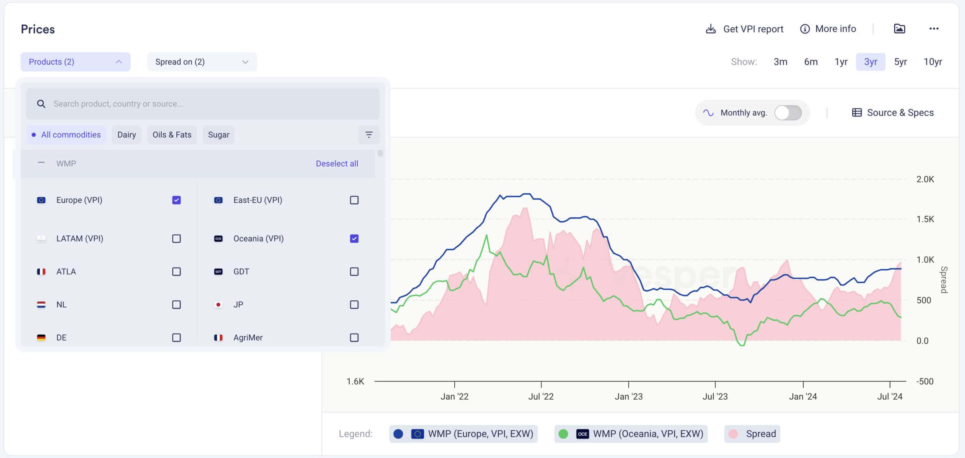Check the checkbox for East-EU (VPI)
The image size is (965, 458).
click(x=354, y=200)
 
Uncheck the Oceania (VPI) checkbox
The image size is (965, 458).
click(x=354, y=239)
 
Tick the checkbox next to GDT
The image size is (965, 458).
click(x=354, y=271)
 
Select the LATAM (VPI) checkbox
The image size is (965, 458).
click(x=176, y=239)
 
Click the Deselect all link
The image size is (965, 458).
click(x=337, y=163)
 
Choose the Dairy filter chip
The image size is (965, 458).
click(x=126, y=135)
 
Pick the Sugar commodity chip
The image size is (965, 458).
click(x=218, y=135)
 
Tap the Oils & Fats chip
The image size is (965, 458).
click(x=172, y=135)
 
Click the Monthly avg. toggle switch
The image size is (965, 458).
click(x=788, y=113)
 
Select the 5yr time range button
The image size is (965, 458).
click(x=900, y=62)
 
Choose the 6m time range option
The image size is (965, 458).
click(x=811, y=62)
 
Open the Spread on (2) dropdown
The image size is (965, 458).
click(x=202, y=62)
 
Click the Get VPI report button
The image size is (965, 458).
click(x=744, y=29)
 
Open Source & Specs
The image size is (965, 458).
click(x=893, y=113)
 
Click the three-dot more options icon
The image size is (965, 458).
click(x=934, y=29)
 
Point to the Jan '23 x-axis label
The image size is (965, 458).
click(x=628, y=397)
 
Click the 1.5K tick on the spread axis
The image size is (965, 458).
click(x=925, y=219)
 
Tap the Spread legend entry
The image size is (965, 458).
click(x=752, y=434)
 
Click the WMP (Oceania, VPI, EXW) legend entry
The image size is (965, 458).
click(x=631, y=434)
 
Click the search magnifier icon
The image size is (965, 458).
click(x=41, y=104)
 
